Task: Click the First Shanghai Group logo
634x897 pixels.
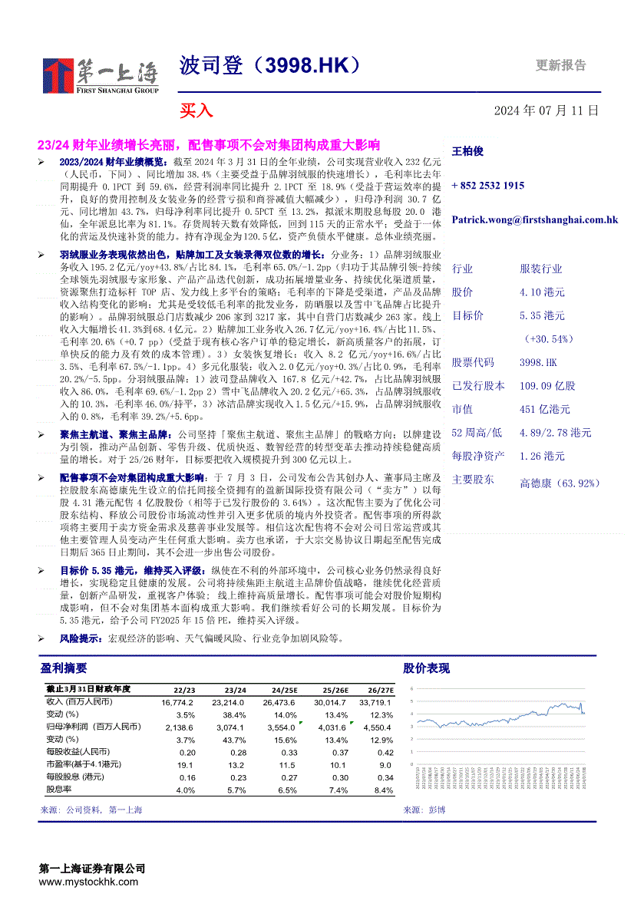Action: [x=101, y=75]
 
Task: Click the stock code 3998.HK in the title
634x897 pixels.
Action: [x=308, y=67]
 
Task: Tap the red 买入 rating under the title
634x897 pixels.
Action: [x=196, y=110]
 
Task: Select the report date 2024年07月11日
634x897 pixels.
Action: [x=546, y=110]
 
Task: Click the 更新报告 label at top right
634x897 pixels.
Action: [x=560, y=66]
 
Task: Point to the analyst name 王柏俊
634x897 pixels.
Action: [x=467, y=152]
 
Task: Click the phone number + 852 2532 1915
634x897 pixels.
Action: [x=488, y=186]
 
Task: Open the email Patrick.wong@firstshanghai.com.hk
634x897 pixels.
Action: [x=534, y=219]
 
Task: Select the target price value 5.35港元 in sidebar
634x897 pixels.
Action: [x=542, y=315]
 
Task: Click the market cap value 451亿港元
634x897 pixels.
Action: [x=544, y=409]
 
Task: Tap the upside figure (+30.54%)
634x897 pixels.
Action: [x=549, y=338]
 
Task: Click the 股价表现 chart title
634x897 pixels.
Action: [x=426, y=668]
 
